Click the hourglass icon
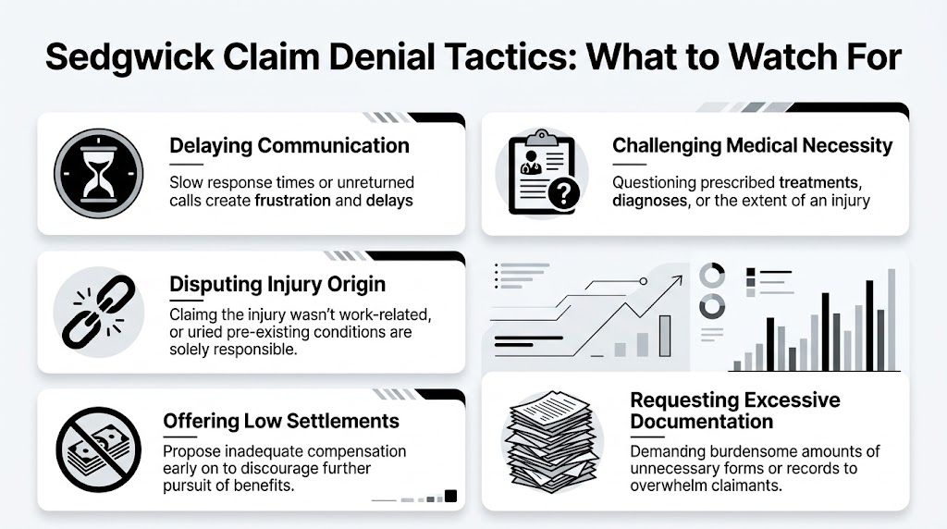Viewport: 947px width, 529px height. [92, 173]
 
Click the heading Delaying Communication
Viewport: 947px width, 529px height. [289, 145]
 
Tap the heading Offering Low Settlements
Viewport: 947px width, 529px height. [281, 421]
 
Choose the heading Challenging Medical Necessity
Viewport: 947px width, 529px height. [752, 145]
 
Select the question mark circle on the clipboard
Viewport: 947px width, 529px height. [563, 193]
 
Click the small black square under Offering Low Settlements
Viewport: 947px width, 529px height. [450, 496]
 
